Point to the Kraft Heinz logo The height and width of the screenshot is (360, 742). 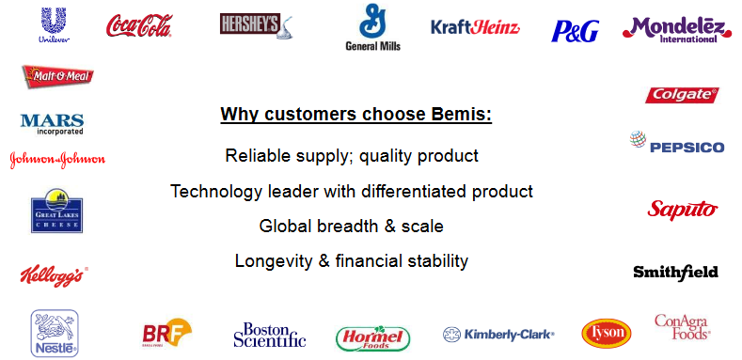(475, 27)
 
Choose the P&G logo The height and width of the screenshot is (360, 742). (575, 31)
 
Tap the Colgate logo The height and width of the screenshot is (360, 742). (682, 95)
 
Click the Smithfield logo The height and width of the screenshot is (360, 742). (675, 272)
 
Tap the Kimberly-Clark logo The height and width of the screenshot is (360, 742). (498, 334)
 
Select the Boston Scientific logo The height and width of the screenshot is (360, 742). (270, 334)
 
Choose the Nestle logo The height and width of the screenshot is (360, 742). (54, 333)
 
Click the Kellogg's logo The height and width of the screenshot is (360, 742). (54, 275)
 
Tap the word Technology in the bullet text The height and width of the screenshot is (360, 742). (215, 191)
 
